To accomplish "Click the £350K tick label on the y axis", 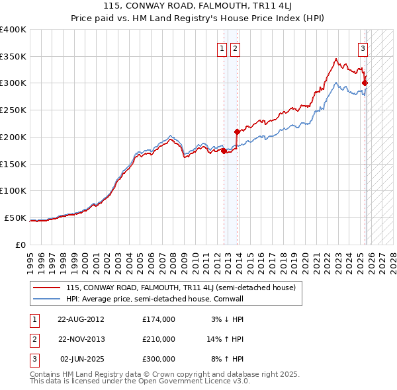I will click(x=13, y=57).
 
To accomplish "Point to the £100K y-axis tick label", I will click(x=13, y=190).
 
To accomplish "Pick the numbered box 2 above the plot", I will click(x=235, y=48).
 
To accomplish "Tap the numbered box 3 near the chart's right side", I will click(x=363, y=48).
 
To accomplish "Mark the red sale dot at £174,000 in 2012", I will click(x=224, y=151).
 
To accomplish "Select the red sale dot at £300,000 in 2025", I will click(x=365, y=83).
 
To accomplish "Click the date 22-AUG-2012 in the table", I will click(x=81, y=319).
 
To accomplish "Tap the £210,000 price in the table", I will click(x=159, y=339).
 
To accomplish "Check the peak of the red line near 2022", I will click(x=336, y=58).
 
